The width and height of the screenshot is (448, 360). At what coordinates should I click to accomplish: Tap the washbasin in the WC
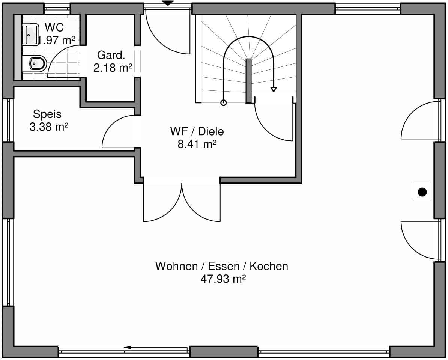tap(30, 35)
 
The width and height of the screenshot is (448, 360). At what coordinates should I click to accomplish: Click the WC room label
tap(54, 27)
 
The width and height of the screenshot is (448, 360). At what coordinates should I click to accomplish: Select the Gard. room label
tap(111, 55)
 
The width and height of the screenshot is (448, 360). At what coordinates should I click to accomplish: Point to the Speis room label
tap(47, 114)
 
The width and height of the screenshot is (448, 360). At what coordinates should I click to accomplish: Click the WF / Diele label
tap(197, 131)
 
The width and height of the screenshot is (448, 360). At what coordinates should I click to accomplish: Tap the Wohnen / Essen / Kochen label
tap(222, 266)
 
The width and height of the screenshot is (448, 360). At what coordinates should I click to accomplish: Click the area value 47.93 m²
tap(223, 279)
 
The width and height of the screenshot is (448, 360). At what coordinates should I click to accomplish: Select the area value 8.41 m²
tap(197, 144)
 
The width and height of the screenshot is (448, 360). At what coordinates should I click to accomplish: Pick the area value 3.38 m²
tap(49, 127)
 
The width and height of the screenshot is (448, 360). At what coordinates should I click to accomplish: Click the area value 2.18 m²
tap(113, 68)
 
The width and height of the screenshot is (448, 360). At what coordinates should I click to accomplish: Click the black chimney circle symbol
tap(422, 192)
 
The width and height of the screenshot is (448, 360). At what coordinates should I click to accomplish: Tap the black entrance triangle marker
tap(168, 3)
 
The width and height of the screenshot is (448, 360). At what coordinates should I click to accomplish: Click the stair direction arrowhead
tap(274, 90)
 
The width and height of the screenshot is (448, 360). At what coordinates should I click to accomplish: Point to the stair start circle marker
tap(223, 102)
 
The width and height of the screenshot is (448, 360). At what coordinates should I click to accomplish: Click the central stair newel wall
tap(248, 81)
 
